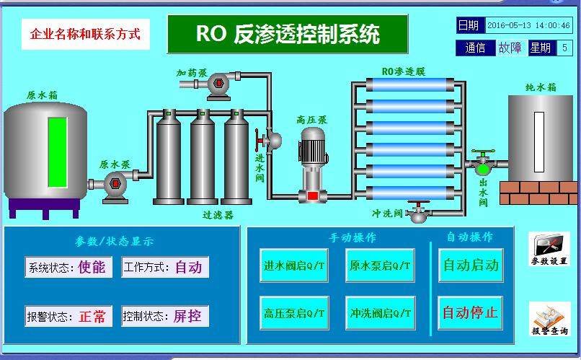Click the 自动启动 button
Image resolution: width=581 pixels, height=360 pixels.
click(470, 265)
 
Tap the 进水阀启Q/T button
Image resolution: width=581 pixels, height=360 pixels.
click(294, 265)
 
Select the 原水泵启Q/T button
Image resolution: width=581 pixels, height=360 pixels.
click(379, 265)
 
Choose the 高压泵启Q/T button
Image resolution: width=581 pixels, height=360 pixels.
click(294, 314)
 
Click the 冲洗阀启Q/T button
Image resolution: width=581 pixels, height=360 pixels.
click(379, 314)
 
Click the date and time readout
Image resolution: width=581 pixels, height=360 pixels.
click(528, 25)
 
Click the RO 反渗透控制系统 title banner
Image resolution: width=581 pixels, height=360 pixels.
click(287, 34)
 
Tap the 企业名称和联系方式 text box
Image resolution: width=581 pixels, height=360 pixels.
click(85, 34)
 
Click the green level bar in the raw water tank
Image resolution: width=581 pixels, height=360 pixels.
click(58, 154)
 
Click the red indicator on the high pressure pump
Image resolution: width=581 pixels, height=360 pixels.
click(312, 196)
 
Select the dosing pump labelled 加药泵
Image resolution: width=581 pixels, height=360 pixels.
click(217, 84)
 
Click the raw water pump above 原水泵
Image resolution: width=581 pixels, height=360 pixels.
click(114, 185)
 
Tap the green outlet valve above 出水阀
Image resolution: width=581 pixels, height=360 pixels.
click(481, 167)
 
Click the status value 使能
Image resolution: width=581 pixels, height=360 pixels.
click(92, 268)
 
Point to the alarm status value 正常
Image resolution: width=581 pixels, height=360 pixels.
click(92, 316)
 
